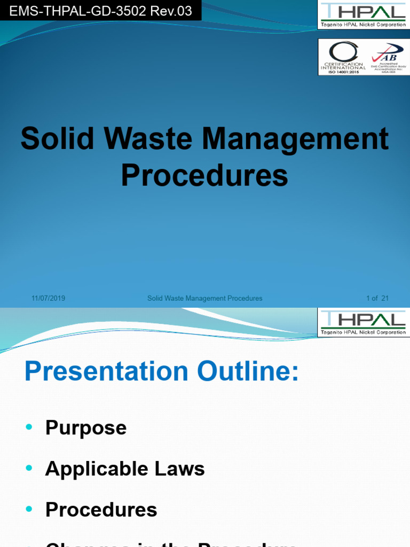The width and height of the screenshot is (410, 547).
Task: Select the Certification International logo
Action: (343, 57)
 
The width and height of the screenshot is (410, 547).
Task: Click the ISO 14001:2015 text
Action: (343, 72)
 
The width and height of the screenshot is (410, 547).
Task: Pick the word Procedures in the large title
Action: (204, 175)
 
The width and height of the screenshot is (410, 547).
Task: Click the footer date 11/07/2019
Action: (48, 299)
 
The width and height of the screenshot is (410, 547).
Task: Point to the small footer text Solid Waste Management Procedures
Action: (204, 299)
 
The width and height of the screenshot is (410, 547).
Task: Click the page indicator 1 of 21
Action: (377, 299)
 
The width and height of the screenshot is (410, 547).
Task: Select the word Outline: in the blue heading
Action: (247, 372)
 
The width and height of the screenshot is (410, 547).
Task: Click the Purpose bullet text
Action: (86, 428)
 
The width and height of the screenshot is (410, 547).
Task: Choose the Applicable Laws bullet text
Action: (125, 469)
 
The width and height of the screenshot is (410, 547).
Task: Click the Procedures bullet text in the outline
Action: (101, 510)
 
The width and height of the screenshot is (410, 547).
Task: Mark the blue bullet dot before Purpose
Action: (29, 427)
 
